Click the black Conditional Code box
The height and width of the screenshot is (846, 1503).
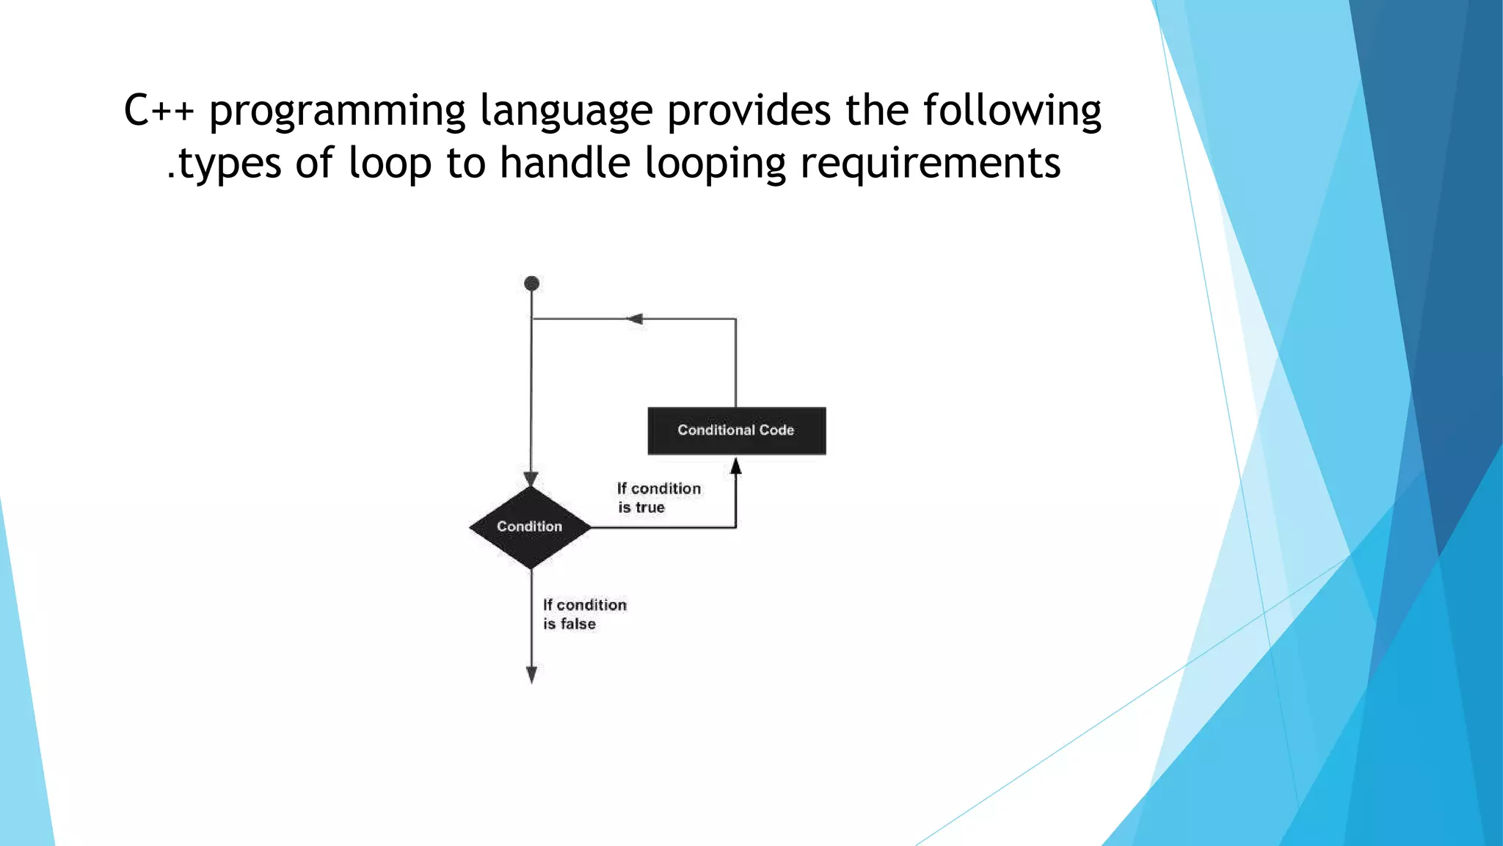pos(736,431)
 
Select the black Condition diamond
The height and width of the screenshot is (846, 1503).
pos(530,527)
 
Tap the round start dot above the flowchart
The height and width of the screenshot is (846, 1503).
pos(532,283)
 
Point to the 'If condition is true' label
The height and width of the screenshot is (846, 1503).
pos(658,498)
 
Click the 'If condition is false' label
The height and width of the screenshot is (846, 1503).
pos(584,614)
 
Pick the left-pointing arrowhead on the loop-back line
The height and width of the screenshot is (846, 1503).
pos(636,319)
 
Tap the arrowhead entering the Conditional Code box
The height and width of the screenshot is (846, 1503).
pos(736,466)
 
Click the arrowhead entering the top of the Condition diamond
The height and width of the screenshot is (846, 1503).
pos(531,479)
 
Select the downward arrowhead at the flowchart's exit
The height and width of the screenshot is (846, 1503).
pos(531,674)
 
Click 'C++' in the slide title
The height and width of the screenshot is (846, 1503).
pos(159,111)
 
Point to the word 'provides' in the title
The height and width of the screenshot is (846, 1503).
pos(749,111)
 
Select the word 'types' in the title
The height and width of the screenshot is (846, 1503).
pos(230,164)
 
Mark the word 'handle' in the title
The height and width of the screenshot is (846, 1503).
pos(564,162)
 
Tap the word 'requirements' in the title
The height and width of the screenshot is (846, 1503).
pos(930,164)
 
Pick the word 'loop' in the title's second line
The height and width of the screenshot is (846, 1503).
pos(390,164)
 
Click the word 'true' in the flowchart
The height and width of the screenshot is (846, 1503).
pos(650,507)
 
